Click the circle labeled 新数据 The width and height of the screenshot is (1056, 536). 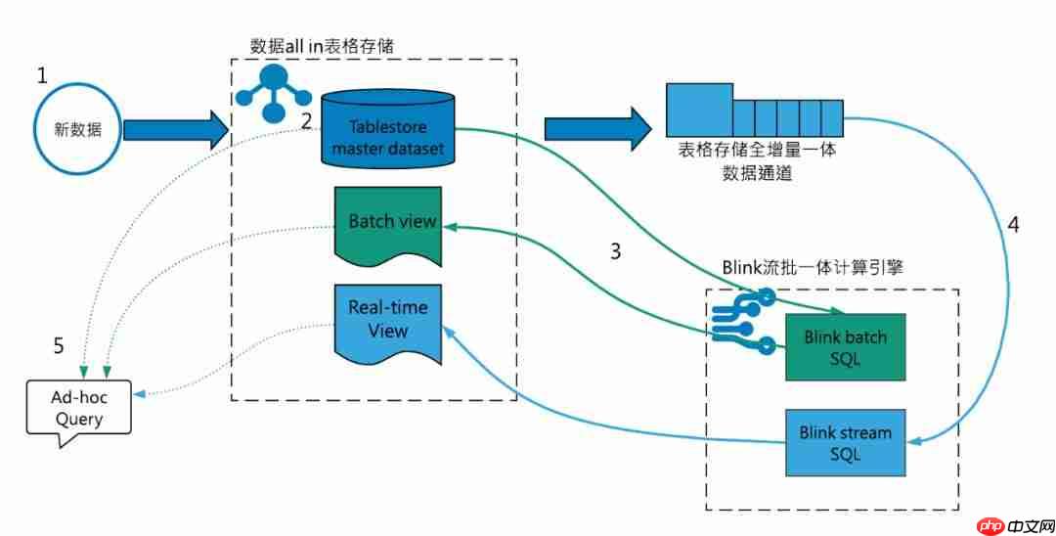[x=74, y=131]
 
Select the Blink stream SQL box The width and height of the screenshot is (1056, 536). [x=846, y=442]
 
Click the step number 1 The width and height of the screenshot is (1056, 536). [x=42, y=75]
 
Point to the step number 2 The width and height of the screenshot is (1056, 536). [x=306, y=121]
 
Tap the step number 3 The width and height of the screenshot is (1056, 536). [x=615, y=251]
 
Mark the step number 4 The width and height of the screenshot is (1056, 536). [x=1013, y=224]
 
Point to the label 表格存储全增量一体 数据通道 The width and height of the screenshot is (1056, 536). [x=754, y=162]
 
